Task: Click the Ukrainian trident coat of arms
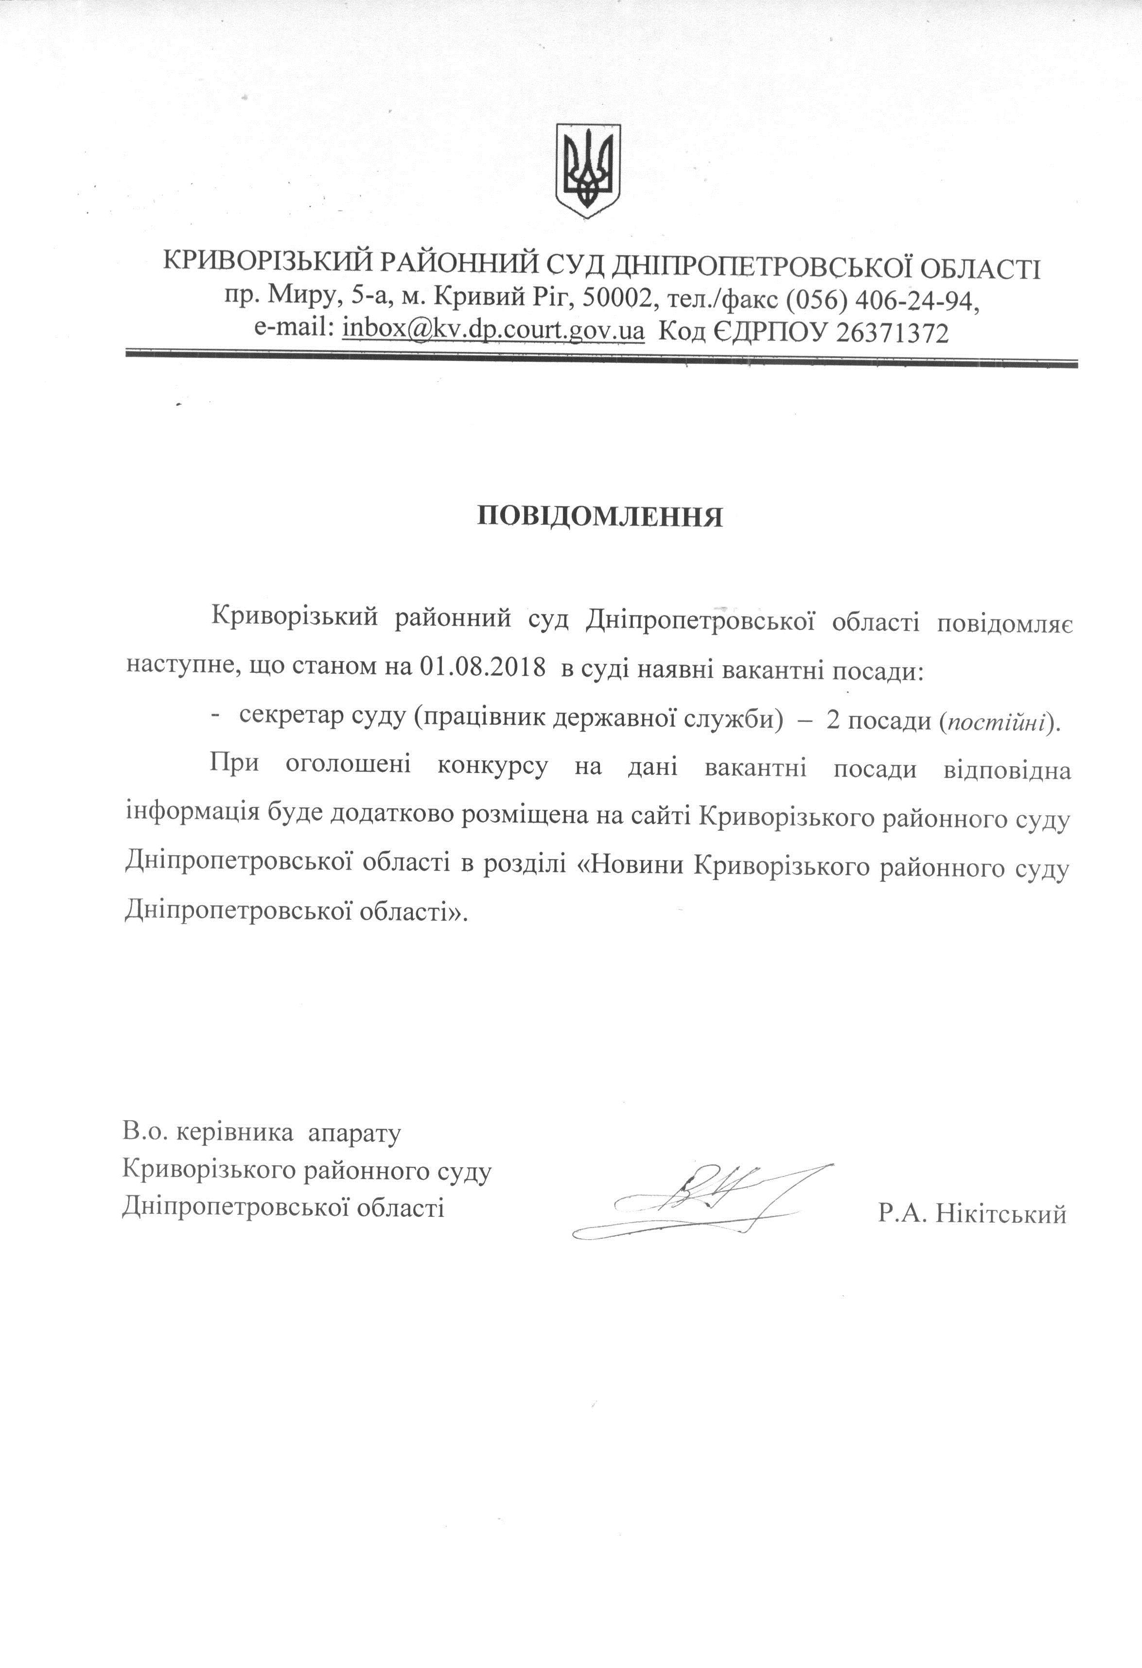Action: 588,170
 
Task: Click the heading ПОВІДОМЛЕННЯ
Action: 600,517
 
